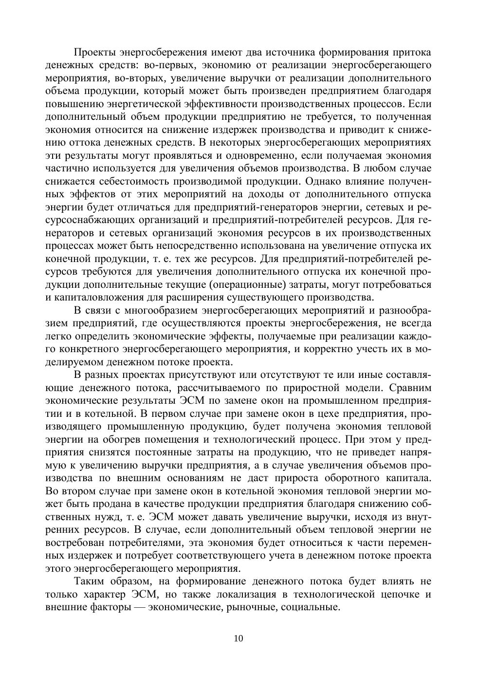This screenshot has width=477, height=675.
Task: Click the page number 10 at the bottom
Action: tap(238, 638)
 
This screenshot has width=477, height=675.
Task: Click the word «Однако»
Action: tap(322, 181)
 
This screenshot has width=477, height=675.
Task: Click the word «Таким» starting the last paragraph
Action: tap(90, 581)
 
